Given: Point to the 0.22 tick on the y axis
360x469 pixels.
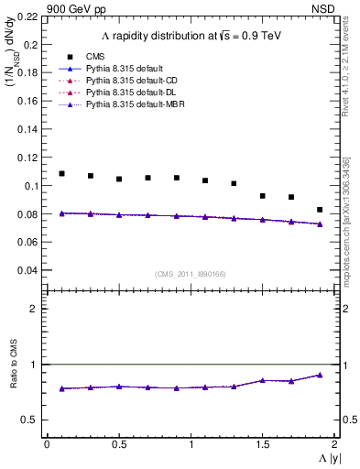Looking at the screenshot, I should click(27, 16).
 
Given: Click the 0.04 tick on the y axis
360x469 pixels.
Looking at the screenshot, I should click(27, 271).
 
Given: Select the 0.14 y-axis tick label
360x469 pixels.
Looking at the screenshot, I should click(27, 129).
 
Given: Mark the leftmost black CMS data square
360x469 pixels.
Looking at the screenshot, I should click(61, 173).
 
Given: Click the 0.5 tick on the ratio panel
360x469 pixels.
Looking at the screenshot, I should click(29, 420).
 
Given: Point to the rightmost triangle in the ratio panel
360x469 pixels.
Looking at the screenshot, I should click(320, 375).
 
